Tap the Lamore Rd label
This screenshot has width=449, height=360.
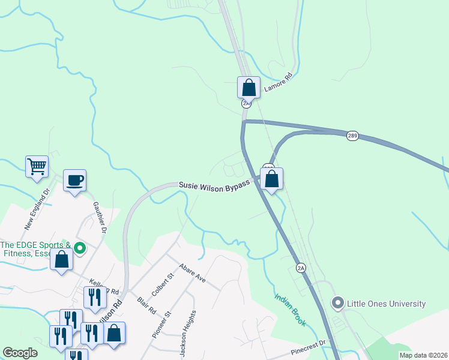point(278,83)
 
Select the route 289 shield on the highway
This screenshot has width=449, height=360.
point(352,136)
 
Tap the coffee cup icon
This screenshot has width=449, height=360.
point(74,180)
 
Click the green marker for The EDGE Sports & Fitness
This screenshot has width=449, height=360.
point(77,247)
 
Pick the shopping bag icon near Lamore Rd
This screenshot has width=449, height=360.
point(249,88)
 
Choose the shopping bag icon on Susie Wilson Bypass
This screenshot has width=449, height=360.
point(271,178)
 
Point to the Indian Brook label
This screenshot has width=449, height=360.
point(291,310)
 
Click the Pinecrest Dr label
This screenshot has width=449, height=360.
point(306,346)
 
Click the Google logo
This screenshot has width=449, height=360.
point(20,353)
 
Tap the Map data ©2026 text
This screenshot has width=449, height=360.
point(423,355)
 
